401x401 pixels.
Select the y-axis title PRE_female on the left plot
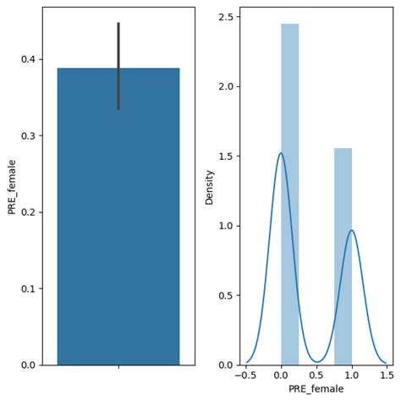point(12,186)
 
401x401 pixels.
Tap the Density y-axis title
point(210,186)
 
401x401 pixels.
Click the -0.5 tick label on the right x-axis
point(246,375)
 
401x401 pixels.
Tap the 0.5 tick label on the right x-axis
point(316,375)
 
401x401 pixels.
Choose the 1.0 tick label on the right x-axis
point(351,375)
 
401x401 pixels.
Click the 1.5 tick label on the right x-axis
point(386,375)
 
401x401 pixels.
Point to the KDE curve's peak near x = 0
point(281,153)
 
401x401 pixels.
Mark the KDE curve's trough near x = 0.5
point(316,362)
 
